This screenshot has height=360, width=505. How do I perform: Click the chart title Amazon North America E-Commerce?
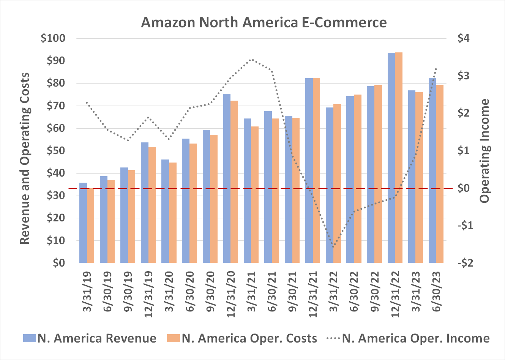click(x=264, y=22)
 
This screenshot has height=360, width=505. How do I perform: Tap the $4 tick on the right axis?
click(x=464, y=38)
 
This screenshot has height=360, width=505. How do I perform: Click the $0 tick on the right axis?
click(x=464, y=188)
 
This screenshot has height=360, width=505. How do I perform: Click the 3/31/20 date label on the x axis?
click(x=169, y=292)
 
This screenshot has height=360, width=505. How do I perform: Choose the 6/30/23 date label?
click(x=437, y=292)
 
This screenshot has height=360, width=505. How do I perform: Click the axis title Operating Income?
click(x=485, y=151)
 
